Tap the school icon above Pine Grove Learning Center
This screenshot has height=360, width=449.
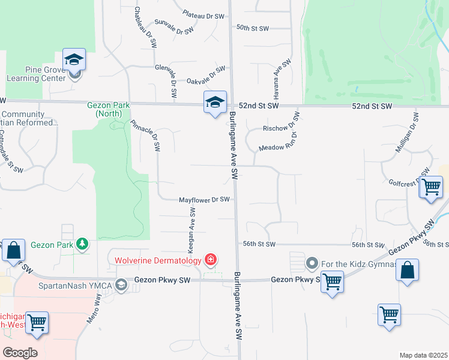[74, 59]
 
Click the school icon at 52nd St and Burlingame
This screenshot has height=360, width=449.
[214, 102]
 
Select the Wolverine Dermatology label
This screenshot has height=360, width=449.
[158, 260]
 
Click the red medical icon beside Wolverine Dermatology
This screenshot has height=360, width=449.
[211, 260]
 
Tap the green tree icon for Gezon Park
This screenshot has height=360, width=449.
[82, 244]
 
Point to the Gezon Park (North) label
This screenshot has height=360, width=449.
[108, 110]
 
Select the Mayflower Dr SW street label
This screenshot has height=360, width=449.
[205, 200]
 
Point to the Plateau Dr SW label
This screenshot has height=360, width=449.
[203, 15]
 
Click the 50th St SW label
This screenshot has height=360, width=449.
[253, 28]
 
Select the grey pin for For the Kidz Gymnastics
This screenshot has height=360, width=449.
[312, 263]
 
